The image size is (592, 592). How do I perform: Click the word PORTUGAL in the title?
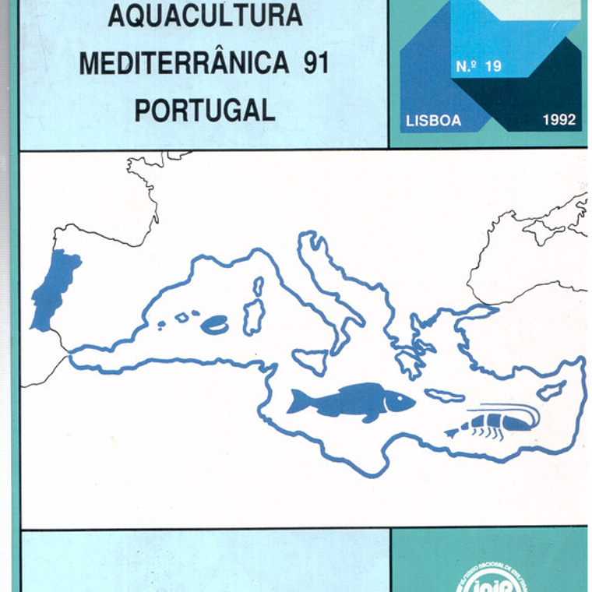pyautogui.click(x=205, y=111)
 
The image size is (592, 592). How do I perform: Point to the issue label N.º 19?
pyautogui.click(x=478, y=67)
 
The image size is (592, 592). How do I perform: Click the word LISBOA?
pyautogui.click(x=433, y=121)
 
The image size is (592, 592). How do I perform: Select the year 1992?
pyautogui.click(x=559, y=120)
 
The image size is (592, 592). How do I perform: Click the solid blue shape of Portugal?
pyautogui.click(x=54, y=289)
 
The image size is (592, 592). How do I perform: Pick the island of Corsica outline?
pyautogui.click(x=258, y=286)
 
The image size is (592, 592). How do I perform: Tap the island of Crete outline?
pyautogui.click(x=444, y=396)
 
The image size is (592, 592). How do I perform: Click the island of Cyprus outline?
pyautogui.click(x=551, y=390)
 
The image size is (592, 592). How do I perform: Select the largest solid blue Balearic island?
pyautogui.click(x=215, y=325)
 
